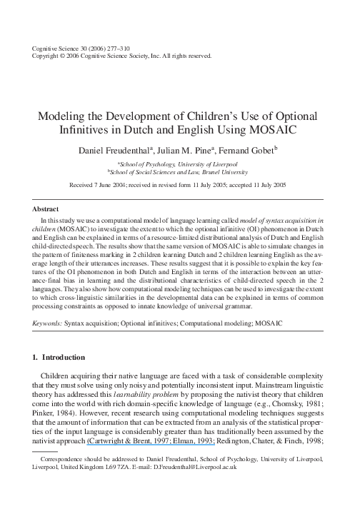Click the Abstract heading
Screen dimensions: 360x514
[46, 208]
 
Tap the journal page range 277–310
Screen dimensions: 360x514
[104, 48]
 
